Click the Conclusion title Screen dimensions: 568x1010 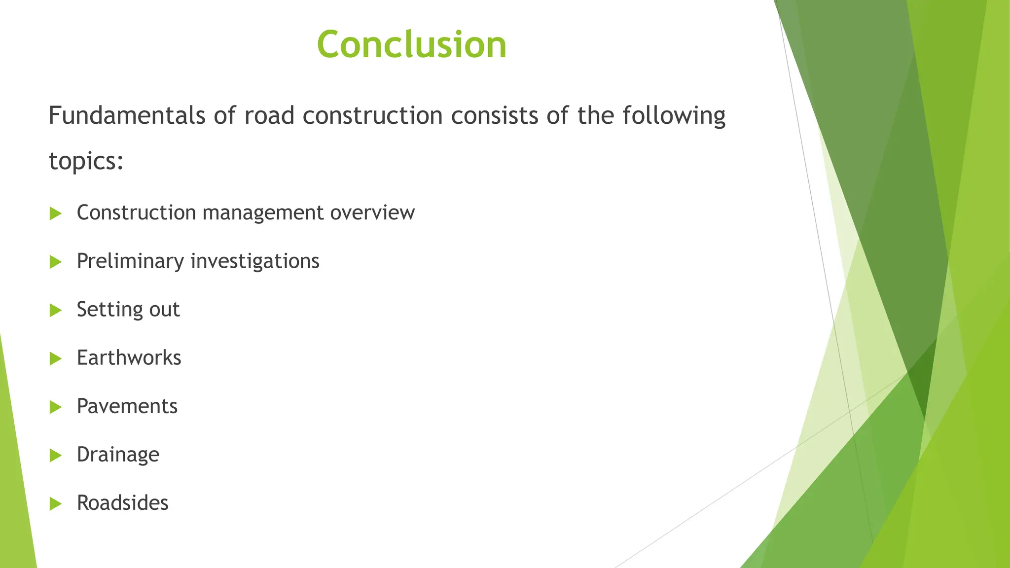411,44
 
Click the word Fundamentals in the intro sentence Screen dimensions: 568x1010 127,116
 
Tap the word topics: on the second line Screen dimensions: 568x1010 86,161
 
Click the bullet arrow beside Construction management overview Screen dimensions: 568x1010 56,213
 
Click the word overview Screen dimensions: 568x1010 372,213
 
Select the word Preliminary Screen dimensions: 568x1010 130,261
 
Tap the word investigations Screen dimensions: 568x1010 255,261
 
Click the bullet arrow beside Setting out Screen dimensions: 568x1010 56,310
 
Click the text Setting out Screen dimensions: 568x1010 128,310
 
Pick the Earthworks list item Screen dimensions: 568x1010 129,357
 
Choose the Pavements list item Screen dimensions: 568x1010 127,406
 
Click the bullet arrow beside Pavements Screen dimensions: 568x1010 56,407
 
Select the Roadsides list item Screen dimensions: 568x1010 122,503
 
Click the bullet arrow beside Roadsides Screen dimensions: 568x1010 56,504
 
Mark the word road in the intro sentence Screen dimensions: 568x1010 269,116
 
